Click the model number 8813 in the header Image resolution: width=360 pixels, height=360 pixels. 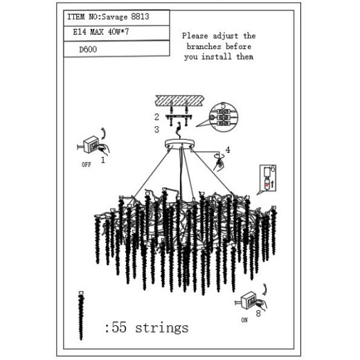click(x=140, y=17)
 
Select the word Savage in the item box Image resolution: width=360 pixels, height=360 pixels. click(x=115, y=17)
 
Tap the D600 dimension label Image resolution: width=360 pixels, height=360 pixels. click(x=88, y=49)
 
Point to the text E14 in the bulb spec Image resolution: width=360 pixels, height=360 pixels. click(x=80, y=32)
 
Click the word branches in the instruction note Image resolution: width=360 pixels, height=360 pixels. click(x=204, y=46)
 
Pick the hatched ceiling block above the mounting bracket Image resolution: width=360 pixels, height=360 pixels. click(x=180, y=100)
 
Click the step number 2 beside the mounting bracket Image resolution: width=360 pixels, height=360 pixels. click(x=156, y=117)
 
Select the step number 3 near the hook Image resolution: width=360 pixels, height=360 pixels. click(x=156, y=129)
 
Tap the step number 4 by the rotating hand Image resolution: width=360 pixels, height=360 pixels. click(x=228, y=150)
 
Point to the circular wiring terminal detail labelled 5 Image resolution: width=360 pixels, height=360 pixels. click(x=224, y=117)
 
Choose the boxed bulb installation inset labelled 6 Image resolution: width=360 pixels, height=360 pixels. click(x=268, y=178)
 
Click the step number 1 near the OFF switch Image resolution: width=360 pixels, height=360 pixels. click(x=103, y=160)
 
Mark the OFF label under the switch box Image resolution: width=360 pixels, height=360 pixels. click(x=87, y=165)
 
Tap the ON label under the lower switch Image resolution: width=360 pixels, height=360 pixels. click(x=244, y=320)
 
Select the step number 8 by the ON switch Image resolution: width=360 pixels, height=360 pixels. click(x=258, y=314)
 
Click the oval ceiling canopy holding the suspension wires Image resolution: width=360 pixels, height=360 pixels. click(x=179, y=144)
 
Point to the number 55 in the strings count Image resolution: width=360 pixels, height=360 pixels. click(x=119, y=327)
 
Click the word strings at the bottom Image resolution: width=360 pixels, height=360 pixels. click(x=162, y=327)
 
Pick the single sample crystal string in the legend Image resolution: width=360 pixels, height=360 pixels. click(x=81, y=316)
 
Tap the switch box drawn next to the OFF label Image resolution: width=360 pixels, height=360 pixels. click(x=91, y=144)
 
